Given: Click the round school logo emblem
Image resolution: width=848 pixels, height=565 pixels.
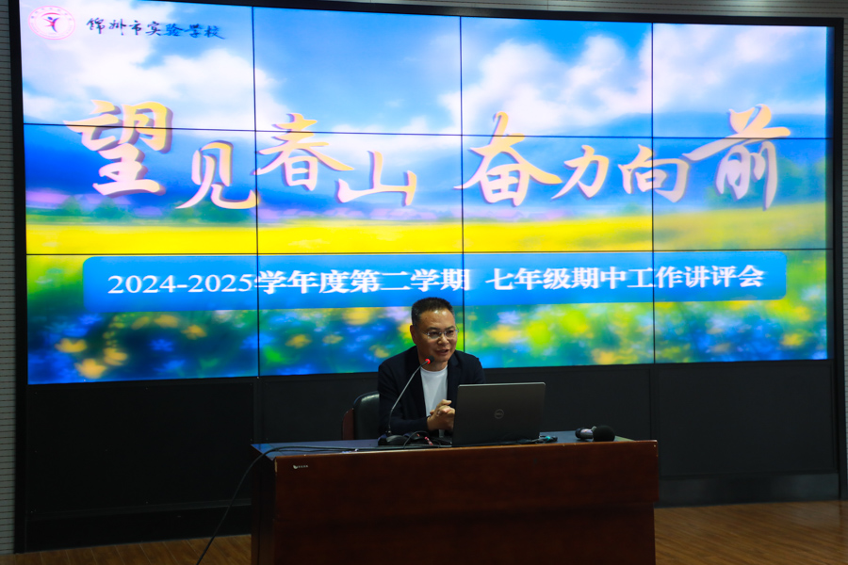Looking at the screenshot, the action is click(52, 23).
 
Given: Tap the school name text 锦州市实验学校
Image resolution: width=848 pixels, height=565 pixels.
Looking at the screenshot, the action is click(155, 27).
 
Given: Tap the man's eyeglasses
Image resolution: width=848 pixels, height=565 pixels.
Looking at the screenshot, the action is click(440, 333).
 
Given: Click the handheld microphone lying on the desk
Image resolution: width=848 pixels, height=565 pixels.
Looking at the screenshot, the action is click(595, 433).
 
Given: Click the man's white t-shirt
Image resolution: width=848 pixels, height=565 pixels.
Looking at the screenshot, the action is click(434, 389).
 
